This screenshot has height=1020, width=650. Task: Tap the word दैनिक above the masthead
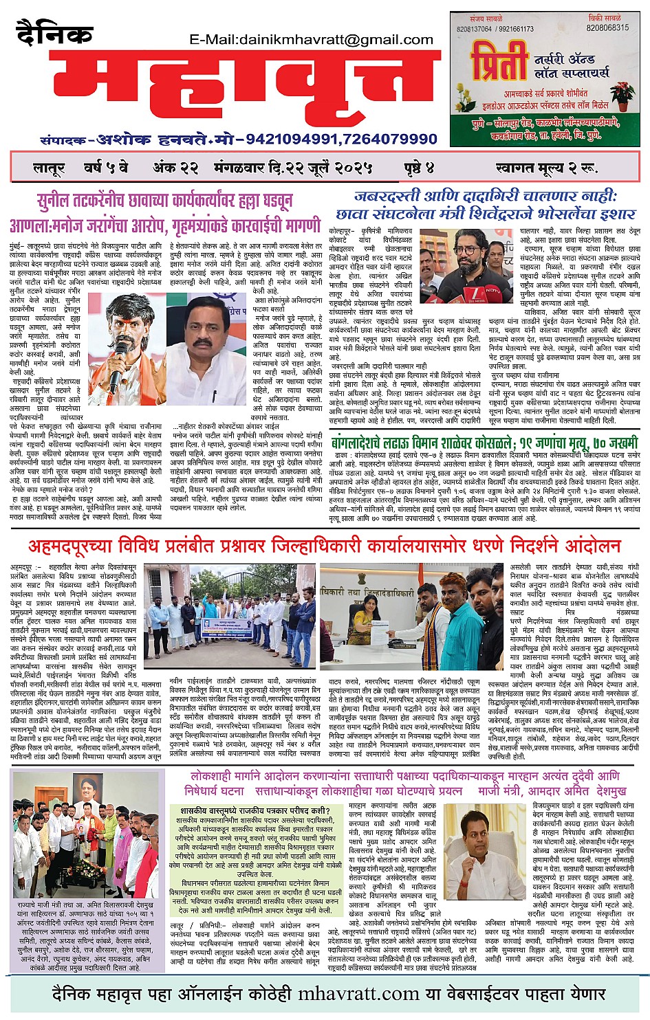(54, 34)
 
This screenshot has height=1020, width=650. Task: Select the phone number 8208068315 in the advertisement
(607, 28)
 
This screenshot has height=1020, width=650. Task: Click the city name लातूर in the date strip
(49, 168)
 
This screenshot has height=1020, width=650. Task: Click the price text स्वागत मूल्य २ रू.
(545, 168)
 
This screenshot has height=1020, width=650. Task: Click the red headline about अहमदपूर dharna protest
(324, 546)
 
